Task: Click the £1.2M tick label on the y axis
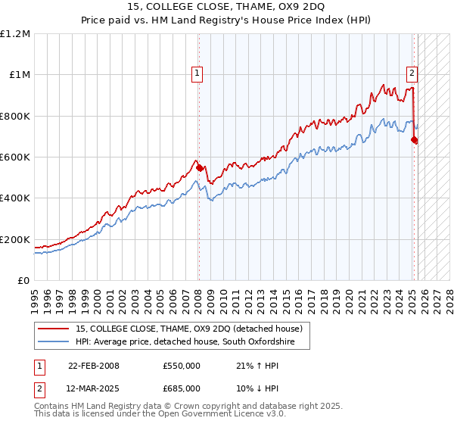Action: coord(15,33)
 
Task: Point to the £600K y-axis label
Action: coord(15,157)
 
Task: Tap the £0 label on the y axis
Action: coord(24,280)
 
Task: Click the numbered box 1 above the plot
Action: coord(197,73)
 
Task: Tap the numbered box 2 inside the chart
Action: coord(412,73)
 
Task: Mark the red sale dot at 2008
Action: coord(198,168)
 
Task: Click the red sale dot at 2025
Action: coord(414,140)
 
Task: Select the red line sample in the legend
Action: coord(53,329)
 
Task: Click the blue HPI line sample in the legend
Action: coord(53,342)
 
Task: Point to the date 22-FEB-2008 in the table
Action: coord(94,366)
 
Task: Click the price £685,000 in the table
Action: coord(181,388)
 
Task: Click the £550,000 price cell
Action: coord(181,366)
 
